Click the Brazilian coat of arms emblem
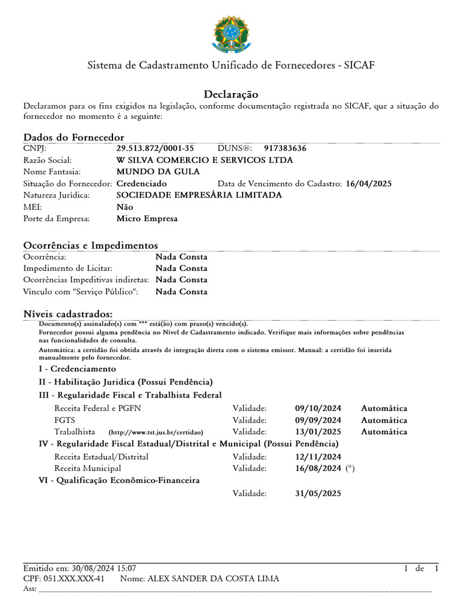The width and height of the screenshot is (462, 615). [x=230, y=34]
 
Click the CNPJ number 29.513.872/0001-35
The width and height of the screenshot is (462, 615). [x=155, y=148]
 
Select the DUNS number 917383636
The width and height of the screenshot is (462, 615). [x=285, y=148]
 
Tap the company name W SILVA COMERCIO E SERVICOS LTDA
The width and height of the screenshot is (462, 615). [x=205, y=160]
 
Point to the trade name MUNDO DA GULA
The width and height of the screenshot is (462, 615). [x=149, y=172]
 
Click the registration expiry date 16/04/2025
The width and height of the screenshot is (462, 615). [x=369, y=184]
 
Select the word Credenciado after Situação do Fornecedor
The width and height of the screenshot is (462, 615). [x=142, y=184]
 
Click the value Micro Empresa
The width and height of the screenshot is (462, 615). [x=147, y=219]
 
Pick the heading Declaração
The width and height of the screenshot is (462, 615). [x=231, y=94]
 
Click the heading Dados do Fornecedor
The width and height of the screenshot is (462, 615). [x=73, y=138]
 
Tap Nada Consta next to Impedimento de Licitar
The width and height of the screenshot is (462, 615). [x=181, y=268]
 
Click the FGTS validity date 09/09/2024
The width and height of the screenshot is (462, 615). [x=318, y=420]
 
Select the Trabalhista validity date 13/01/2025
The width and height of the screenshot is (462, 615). [x=318, y=432]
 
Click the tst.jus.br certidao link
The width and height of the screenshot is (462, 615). [x=156, y=432]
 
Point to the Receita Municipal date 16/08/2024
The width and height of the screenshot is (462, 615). [x=318, y=468]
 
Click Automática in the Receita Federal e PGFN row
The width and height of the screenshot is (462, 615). [x=384, y=409]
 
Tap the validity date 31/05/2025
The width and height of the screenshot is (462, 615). [x=318, y=494]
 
